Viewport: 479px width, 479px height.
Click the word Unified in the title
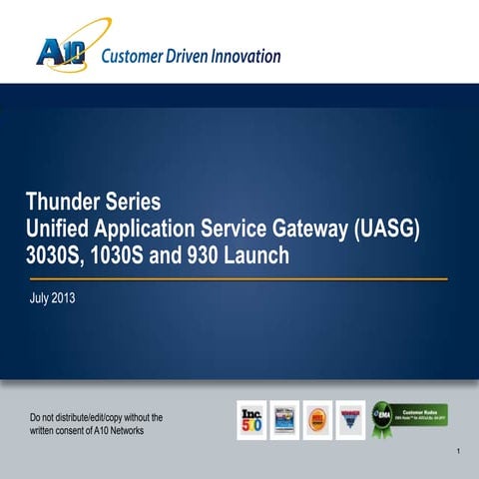[x=59, y=230]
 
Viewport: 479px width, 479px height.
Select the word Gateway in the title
[x=298, y=230]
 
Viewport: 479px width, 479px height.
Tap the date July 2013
[x=50, y=297]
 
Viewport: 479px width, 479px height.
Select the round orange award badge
[x=317, y=420]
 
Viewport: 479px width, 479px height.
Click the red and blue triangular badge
[x=350, y=420]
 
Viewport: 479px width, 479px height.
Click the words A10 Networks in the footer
[x=121, y=431]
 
